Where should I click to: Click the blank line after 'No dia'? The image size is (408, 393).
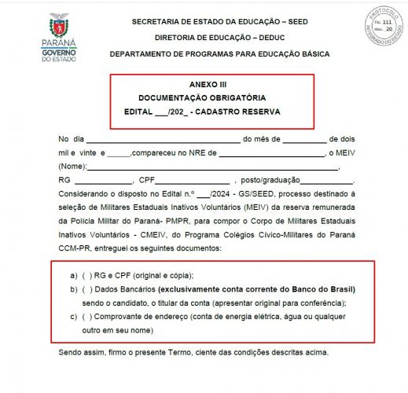(157, 140)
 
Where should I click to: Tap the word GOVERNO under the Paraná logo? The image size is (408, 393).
(54, 50)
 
